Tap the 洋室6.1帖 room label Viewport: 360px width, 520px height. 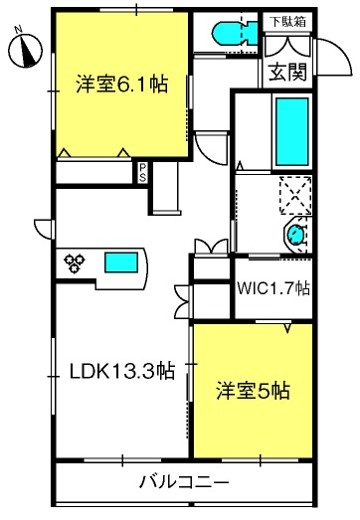121,85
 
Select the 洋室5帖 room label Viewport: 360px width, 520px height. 254,391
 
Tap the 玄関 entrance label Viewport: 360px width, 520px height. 286,72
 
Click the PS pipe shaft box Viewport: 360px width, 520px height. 143,171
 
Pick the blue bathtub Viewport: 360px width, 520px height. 290,133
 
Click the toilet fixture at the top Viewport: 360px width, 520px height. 232,34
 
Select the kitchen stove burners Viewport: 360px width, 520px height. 76,263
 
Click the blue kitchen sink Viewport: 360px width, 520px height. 121,263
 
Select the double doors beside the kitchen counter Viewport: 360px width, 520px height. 205,247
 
